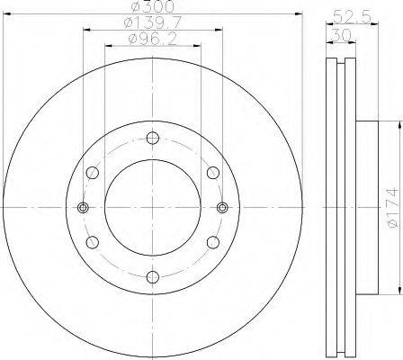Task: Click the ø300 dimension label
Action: [x=152, y=6]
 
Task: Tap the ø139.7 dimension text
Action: [x=153, y=22]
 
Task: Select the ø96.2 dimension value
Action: [x=152, y=40]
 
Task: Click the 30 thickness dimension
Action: [x=342, y=36]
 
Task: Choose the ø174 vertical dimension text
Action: [x=393, y=207]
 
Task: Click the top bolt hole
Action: [x=153, y=138]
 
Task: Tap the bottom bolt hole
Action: [x=153, y=276]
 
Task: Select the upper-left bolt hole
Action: [x=93, y=173]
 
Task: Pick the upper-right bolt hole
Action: [x=213, y=173]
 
